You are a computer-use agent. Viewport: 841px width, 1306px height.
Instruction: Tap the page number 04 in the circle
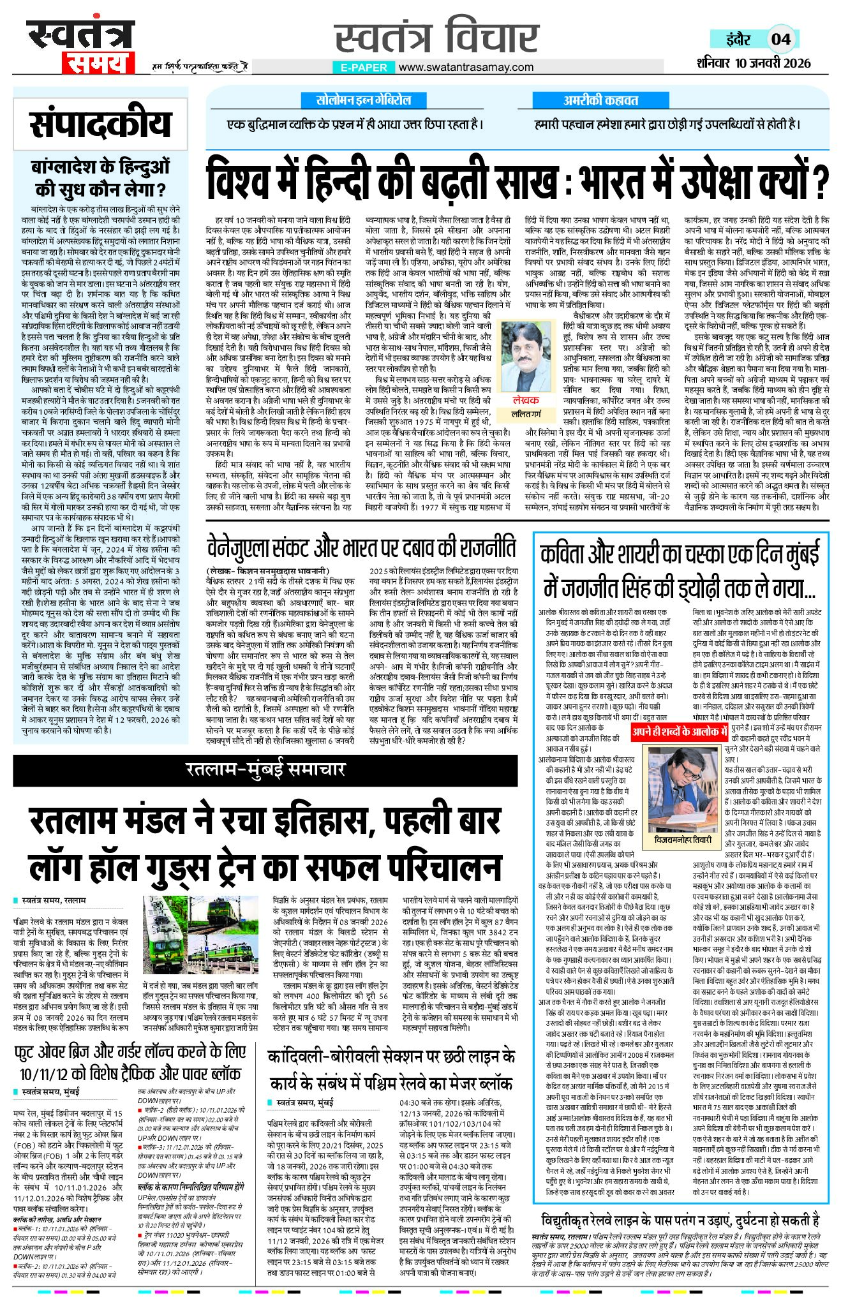[781, 39]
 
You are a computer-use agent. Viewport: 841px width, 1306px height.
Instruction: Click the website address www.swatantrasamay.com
[466, 67]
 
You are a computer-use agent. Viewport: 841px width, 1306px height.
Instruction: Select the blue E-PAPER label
[363, 67]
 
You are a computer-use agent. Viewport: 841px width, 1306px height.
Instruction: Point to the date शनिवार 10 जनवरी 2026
[754, 63]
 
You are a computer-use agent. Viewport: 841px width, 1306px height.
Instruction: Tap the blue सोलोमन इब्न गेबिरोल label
[364, 100]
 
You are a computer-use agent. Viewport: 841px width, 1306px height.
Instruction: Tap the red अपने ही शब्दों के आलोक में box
[680, 731]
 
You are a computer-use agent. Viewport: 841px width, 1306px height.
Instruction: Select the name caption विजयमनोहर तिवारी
[683, 840]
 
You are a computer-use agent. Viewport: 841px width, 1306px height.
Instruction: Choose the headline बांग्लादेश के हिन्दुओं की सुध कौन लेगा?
[101, 178]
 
